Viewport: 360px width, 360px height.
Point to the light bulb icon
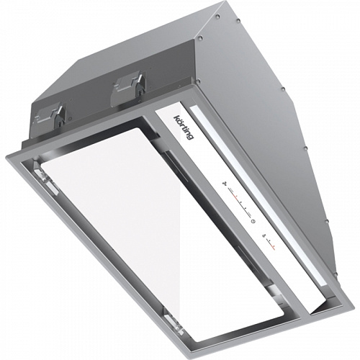coord(264,235)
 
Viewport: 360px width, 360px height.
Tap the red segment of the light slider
coord(273,247)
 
